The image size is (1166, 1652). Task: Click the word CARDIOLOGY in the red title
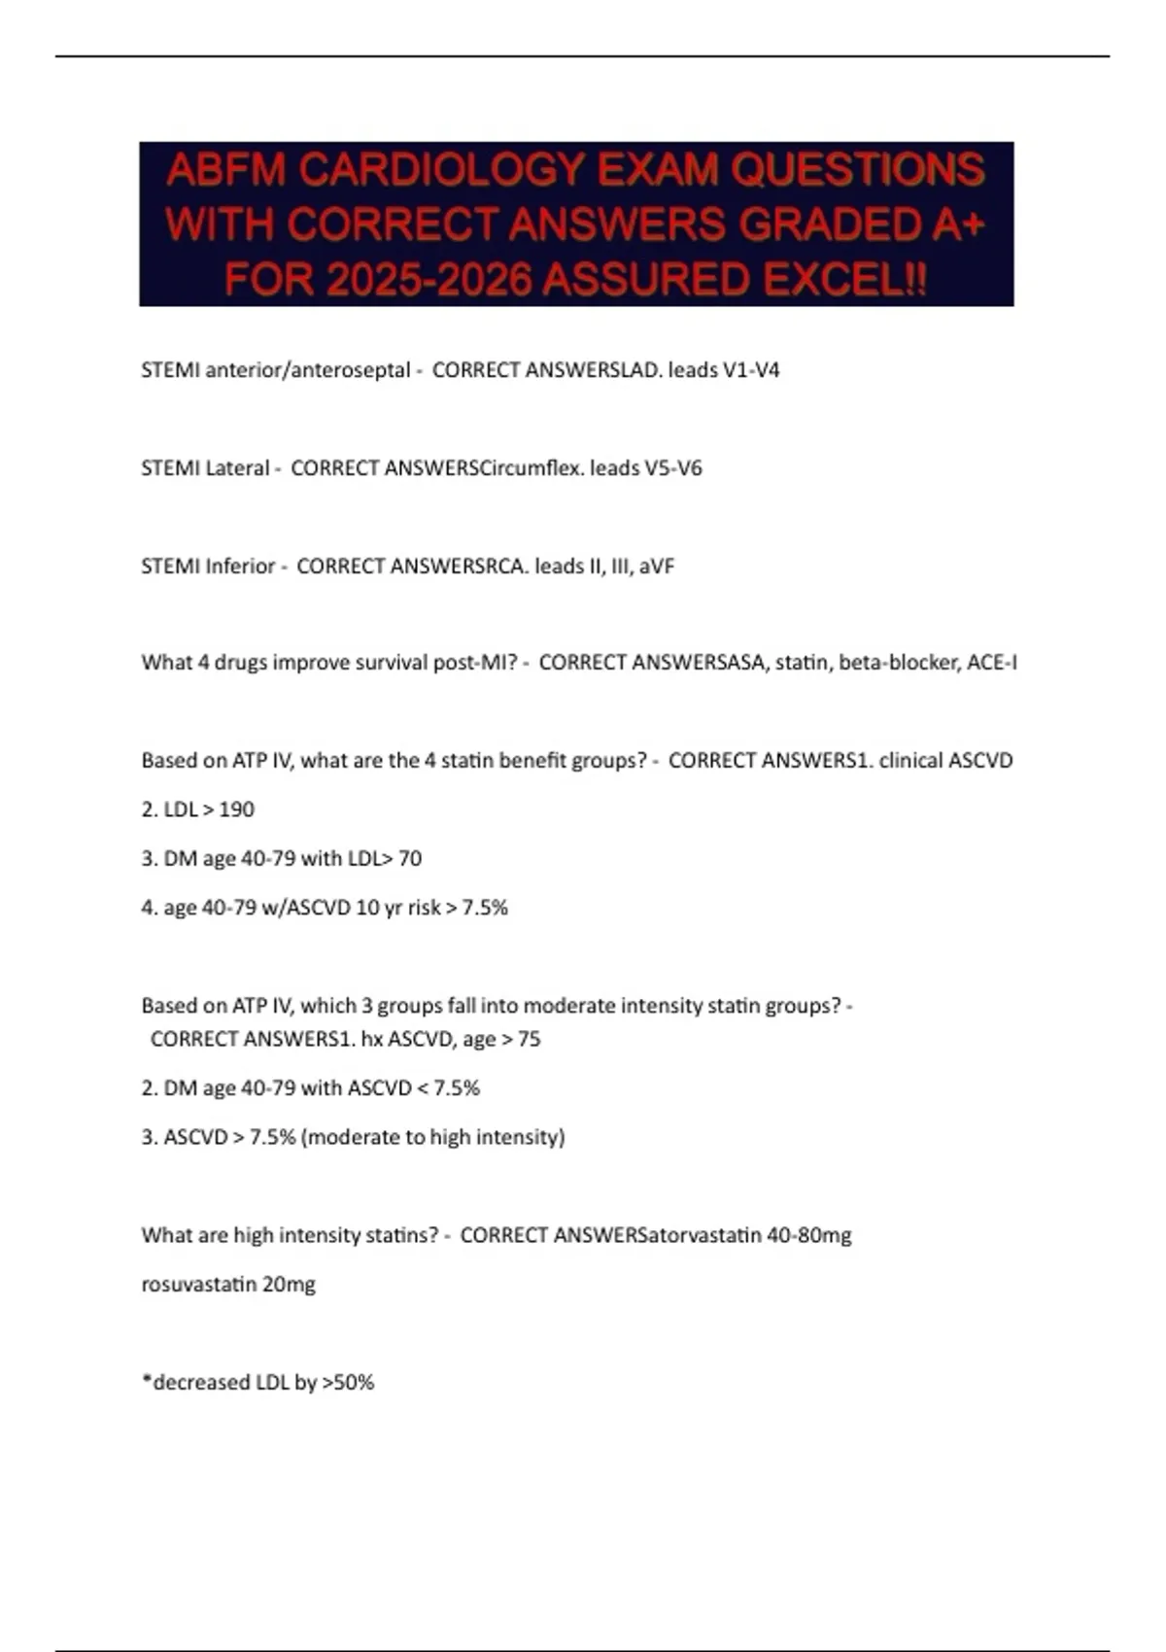coord(441,170)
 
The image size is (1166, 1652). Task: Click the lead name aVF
coord(657,566)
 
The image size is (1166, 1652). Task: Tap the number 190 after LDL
coord(236,809)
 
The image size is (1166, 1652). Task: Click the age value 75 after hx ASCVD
coord(529,1039)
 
